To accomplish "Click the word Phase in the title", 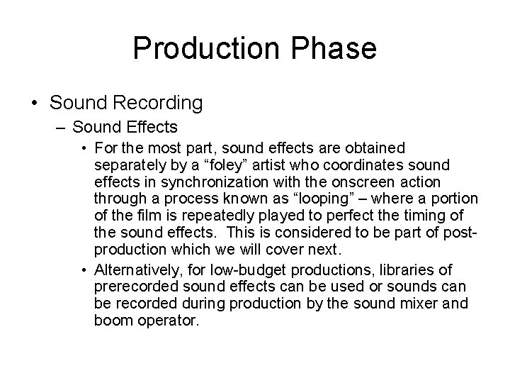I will (x=332, y=48).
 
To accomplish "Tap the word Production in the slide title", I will (x=206, y=48).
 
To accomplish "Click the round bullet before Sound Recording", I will (x=35, y=103).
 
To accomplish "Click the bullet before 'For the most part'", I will (x=84, y=149).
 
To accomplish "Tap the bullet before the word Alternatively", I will (x=84, y=270).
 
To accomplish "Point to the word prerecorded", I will (x=134, y=287).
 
